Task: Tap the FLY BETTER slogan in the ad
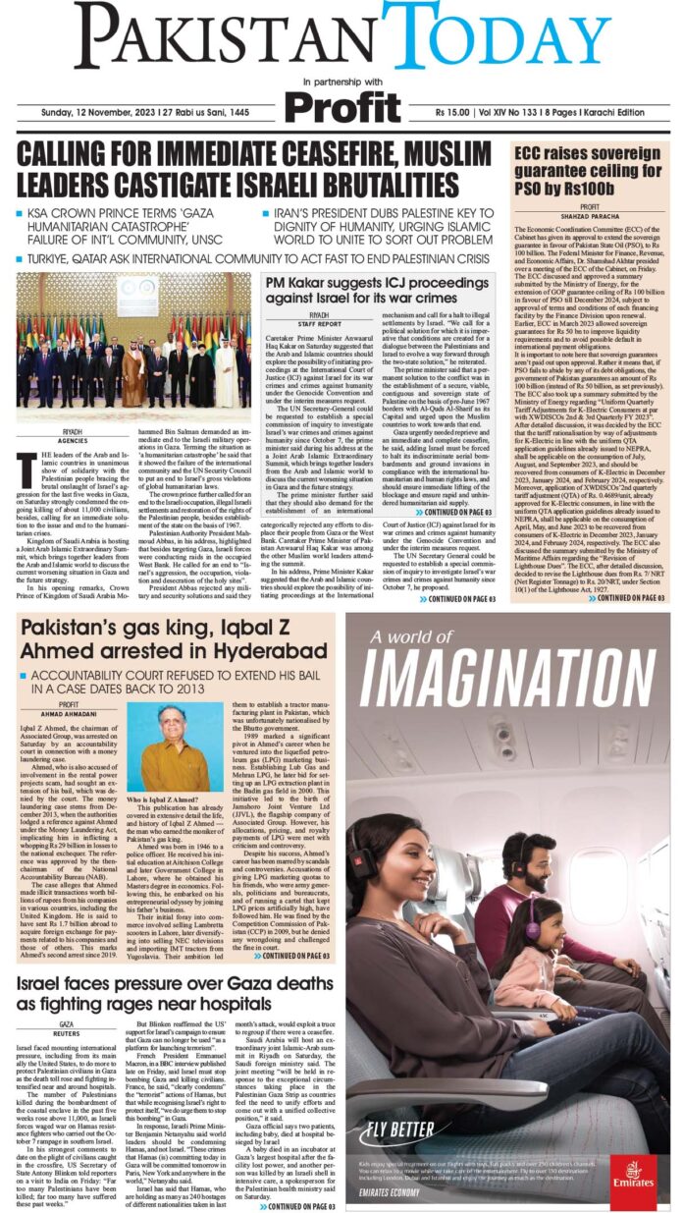tap(398, 1130)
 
